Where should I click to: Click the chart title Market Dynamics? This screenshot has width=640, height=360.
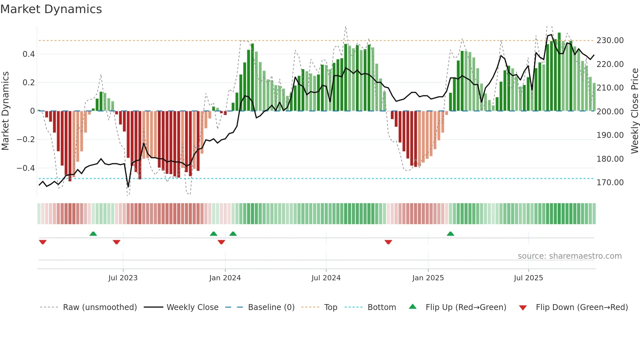pyautogui.click(x=51, y=9)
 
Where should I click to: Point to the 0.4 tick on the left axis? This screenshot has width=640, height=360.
pyautogui.click(x=29, y=54)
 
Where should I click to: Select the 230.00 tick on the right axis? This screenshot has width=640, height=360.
pyautogui.click(x=610, y=41)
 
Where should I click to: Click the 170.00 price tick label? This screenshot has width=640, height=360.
pyautogui.click(x=610, y=183)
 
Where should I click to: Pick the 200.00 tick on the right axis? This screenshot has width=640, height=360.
pyautogui.click(x=610, y=112)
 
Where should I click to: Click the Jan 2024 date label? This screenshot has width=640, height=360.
pyautogui.click(x=225, y=278)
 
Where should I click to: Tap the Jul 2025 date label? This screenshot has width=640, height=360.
pyautogui.click(x=528, y=278)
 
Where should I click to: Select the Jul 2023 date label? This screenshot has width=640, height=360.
pyautogui.click(x=123, y=278)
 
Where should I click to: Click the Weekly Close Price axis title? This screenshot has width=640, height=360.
pyautogui.click(x=634, y=111)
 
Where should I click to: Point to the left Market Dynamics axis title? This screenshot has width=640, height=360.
pyautogui.click(x=5, y=111)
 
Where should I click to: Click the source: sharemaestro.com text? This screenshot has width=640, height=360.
pyautogui.click(x=569, y=256)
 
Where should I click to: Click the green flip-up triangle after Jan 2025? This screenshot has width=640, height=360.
pyautogui.click(x=450, y=234)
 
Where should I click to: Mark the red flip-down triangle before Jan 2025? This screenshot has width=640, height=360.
pyautogui.click(x=388, y=242)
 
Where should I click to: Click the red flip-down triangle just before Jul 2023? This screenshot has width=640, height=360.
pyautogui.click(x=117, y=242)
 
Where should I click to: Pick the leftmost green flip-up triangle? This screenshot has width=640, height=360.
pyautogui.click(x=93, y=234)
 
